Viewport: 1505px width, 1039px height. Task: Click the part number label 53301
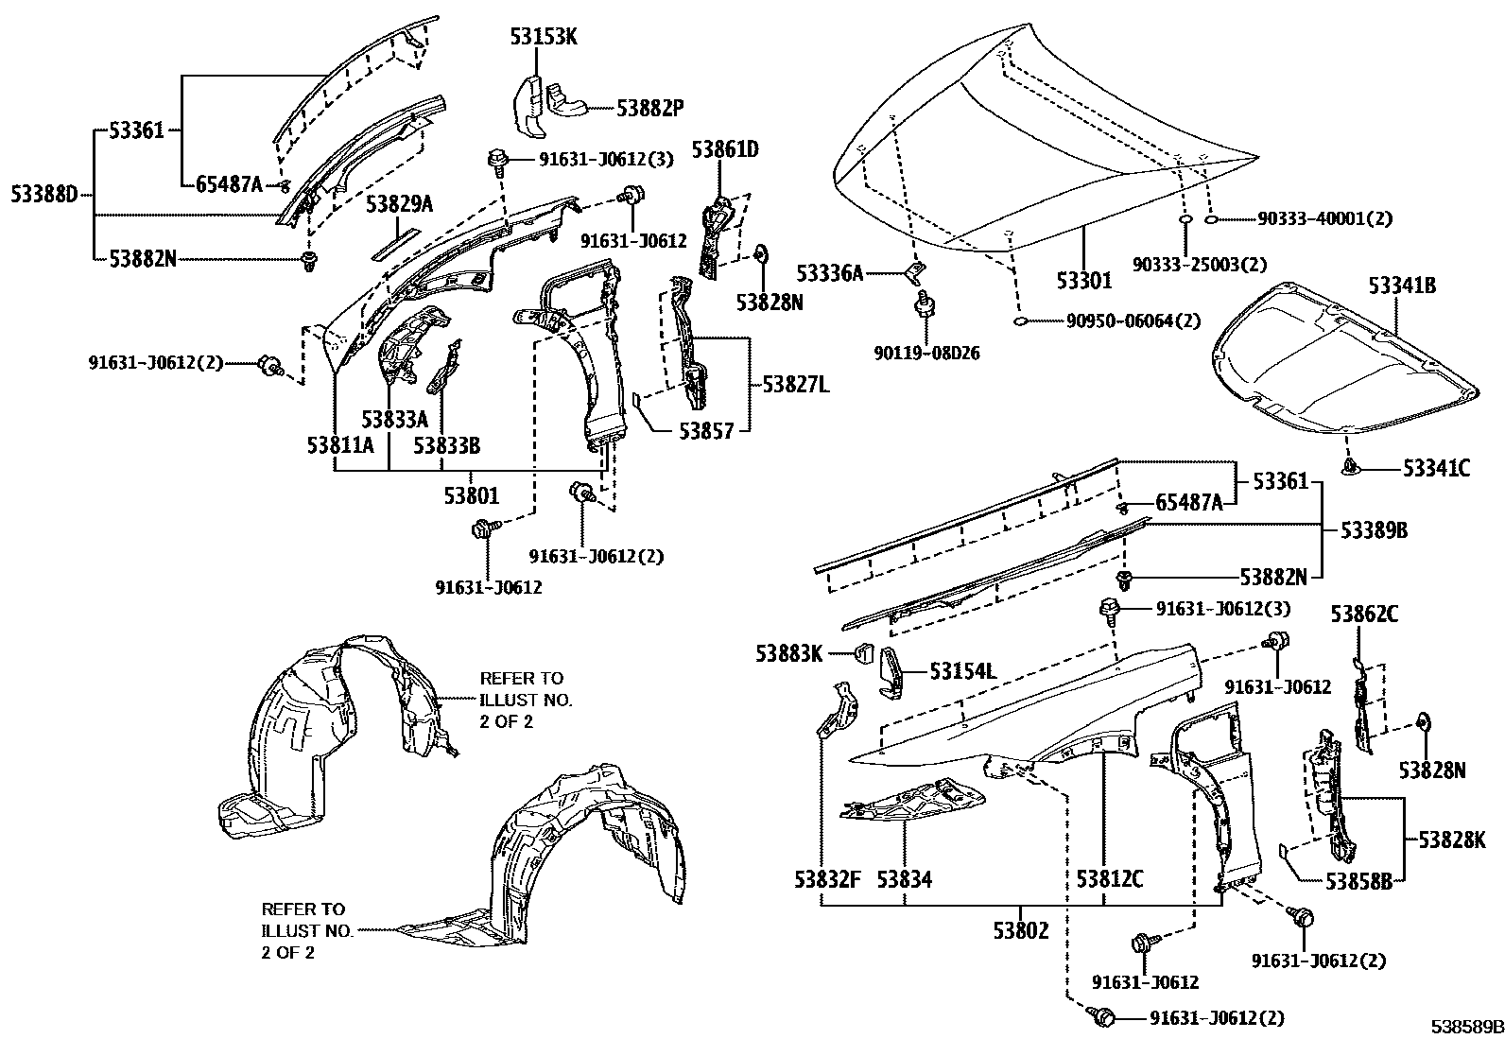[1084, 281]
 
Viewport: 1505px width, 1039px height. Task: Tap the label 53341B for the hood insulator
[1402, 286]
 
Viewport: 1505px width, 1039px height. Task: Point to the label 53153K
[544, 37]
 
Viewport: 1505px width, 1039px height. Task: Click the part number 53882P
[649, 109]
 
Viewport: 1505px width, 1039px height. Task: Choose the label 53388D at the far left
[44, 196]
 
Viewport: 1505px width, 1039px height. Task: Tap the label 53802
[1021, 930]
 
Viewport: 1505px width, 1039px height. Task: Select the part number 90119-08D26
[926, 354]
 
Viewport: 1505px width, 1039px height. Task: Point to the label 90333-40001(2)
[1324, 219]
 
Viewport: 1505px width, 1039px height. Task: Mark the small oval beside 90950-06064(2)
[1022, 321]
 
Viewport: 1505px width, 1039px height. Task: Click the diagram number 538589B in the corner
[1466, 1027]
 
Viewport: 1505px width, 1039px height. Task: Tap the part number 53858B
[1358, 880]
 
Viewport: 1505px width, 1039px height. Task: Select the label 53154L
[962, 671]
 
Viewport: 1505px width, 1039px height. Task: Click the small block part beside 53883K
[861, 651]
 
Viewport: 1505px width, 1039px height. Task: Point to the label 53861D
[725, 149]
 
